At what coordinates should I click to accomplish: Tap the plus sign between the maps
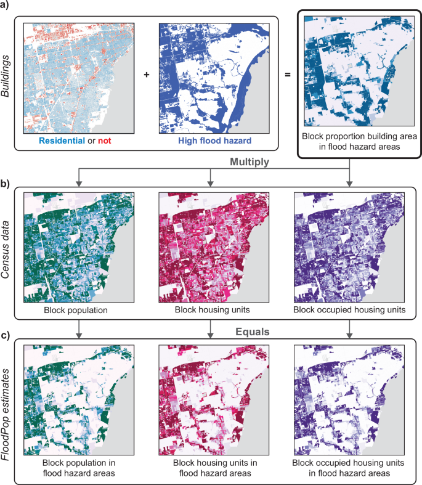pos(146,74)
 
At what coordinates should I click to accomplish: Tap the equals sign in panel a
pos(287,74)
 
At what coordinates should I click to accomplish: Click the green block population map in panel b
pos(77,247)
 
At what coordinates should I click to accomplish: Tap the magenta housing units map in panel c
pos(211,401)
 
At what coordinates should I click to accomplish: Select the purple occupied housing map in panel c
pos(350,401)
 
